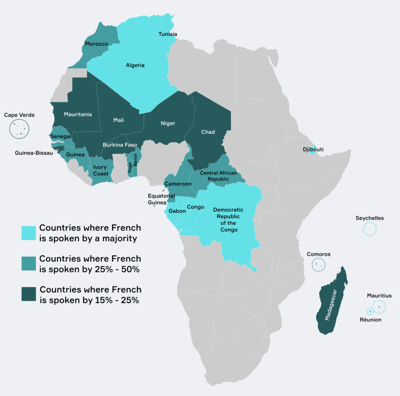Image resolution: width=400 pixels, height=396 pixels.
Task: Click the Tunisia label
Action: [167, 34]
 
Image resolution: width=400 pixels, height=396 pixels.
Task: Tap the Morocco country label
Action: [96, 44]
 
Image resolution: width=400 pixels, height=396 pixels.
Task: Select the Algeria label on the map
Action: [135, 65]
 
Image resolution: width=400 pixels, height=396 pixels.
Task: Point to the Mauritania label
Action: [77, 114]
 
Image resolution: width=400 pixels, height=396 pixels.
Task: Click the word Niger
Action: [167, 123]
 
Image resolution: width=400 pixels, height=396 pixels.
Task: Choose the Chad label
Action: [207, 132]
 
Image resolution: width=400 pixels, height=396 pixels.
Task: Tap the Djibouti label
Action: [313, 149]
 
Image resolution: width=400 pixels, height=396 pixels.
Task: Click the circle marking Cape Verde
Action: [19, 129]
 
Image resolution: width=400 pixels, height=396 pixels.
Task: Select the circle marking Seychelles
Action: [369, 229]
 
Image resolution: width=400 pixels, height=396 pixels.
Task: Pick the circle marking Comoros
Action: [318, 265]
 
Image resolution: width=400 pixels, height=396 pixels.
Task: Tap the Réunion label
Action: [370, 319]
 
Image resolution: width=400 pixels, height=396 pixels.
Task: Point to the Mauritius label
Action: [379, 295]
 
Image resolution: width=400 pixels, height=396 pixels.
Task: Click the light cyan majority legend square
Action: [28, 233]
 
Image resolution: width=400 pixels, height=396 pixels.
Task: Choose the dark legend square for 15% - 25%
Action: [28, 294]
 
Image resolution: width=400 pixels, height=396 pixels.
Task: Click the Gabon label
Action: [177, 211]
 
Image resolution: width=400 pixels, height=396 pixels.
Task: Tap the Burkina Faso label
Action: [119, 145]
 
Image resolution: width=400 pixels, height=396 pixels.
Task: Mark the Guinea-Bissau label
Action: [33, 153]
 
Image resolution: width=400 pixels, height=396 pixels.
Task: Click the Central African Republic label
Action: [217, 175]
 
